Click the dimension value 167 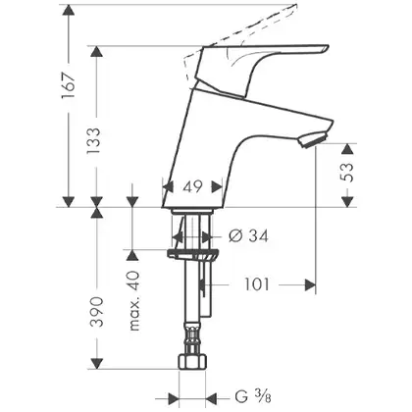(x=69, y=85)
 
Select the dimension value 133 (x=94, y=141)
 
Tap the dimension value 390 (x=97, y=312)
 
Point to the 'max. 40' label (x=134, y=301)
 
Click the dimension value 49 (x=192, y=186)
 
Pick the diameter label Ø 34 (x=248, y=235)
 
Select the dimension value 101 (x=257, y=284)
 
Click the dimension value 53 (x=347, y=173)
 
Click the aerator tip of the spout (x=311, y=139)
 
